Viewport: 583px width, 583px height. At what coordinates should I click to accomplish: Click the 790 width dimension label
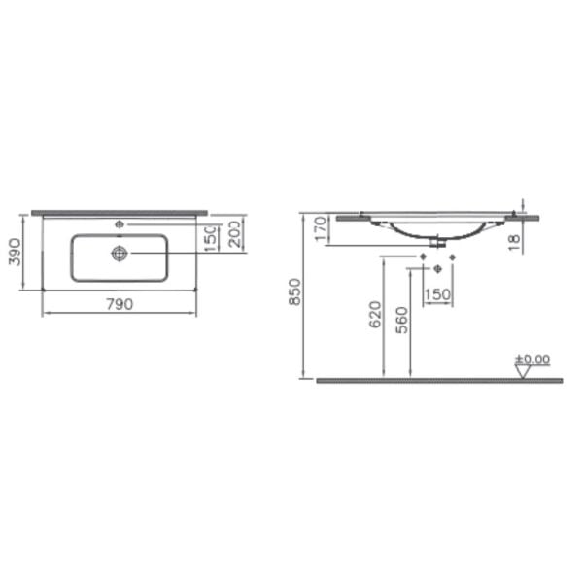(119, 304)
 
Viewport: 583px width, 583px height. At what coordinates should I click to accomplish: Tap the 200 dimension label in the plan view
(236, 234)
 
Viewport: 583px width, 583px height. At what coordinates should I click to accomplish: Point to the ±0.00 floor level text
(532, 359)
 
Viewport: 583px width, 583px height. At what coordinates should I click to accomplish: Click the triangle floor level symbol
(524, 370)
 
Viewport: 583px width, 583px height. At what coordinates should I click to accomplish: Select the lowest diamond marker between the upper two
(437, 268)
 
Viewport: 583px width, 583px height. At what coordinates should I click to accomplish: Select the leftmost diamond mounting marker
(422, 257)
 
